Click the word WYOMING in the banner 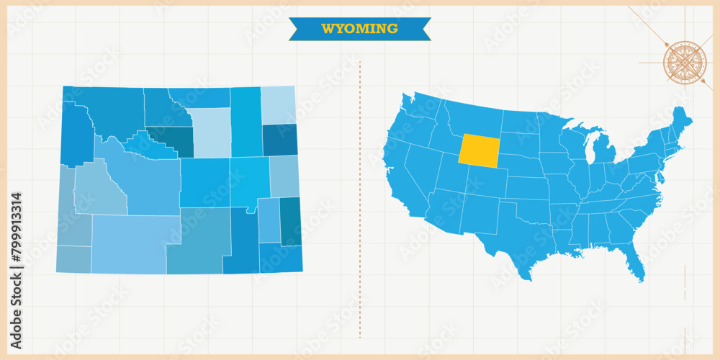[x=359, y=29]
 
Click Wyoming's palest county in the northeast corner [x=278, y=105]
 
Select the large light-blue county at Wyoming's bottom [x=130, y=245]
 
